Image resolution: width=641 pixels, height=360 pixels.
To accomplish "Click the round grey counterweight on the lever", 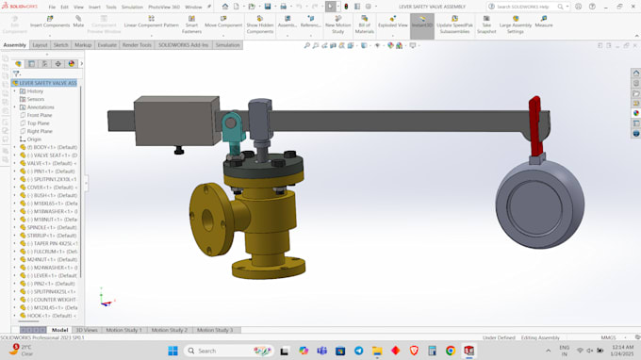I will coord(540,204).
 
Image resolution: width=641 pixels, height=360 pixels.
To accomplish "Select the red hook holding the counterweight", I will coord(534,123).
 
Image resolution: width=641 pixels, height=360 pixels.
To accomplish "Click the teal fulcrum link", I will coord(229,126).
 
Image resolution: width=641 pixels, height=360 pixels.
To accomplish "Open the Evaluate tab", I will coord(107,44).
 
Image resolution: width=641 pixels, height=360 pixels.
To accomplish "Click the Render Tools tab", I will coord(137,44).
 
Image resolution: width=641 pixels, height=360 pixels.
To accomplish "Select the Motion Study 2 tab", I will coord(170,330).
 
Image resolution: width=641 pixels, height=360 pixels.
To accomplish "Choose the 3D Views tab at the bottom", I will coord(86,330).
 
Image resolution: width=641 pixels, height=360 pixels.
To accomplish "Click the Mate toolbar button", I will coord(78,23).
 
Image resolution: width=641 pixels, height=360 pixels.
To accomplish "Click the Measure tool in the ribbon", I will coord(544,23).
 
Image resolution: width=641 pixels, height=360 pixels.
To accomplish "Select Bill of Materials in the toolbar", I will coord(365,25).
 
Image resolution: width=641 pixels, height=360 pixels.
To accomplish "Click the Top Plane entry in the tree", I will coord(39,123).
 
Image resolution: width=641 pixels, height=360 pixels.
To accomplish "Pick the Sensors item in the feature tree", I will coord(36,99).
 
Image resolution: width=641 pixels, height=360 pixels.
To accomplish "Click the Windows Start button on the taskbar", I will coord(173,351).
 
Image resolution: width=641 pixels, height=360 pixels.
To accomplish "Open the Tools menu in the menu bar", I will coord(111,7).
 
